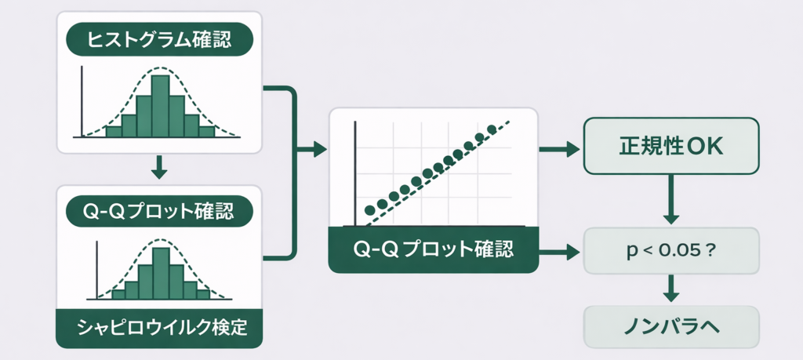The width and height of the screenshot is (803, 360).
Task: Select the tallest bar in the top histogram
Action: coord(160,106)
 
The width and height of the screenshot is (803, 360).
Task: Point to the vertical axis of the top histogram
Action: coord(82,102)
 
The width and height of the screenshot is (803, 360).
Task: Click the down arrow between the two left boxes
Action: coord(159,165)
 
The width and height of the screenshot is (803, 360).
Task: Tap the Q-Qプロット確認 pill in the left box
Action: coord(159,210)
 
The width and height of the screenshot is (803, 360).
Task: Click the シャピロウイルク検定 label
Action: coord(159,327)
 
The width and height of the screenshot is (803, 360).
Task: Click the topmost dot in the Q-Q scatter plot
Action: coord(492,129)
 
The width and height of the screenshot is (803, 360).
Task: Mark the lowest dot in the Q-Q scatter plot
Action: coord(369,209)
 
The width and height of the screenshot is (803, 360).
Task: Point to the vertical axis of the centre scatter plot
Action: coord(357,169)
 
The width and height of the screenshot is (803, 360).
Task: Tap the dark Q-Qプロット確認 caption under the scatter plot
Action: coord(434,250)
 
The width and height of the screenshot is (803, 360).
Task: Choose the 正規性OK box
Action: coord(672,146)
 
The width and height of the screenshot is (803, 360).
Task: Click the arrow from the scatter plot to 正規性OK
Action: coord(559,149)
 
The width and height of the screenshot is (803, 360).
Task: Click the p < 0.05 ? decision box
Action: coord(672,251)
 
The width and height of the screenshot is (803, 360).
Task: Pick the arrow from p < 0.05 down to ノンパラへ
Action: coord(671,288)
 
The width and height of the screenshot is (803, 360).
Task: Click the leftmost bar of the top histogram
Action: coord(114,132)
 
